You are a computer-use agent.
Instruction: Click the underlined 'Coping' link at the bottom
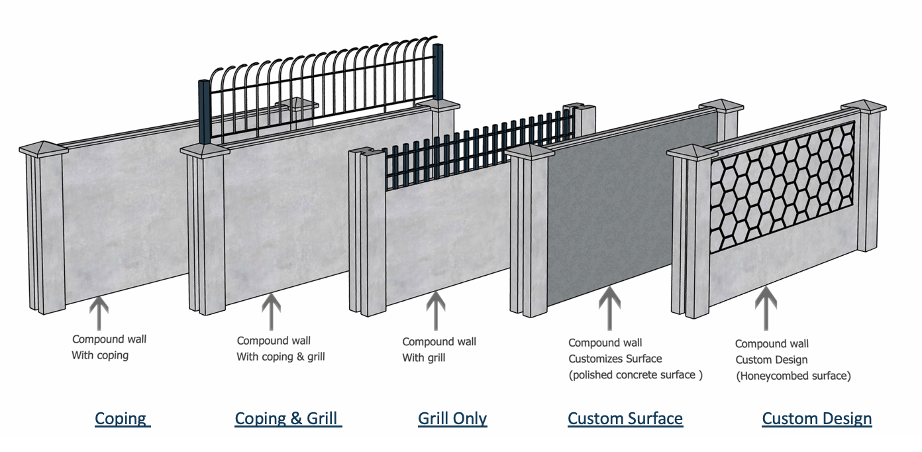[121, 419]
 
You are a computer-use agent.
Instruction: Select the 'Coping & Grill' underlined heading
[287, 419]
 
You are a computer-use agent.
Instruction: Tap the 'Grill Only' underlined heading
[452, 419]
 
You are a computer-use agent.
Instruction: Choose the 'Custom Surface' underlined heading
[625, 419]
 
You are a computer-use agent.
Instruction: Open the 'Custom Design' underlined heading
[817, 419]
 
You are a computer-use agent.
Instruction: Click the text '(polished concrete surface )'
[635, 375]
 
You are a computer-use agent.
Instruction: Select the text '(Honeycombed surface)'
[793, 376]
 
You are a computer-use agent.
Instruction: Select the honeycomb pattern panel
[782, 189]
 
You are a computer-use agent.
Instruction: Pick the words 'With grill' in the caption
[424, 358]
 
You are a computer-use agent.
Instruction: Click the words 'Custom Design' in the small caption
[772, 360]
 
